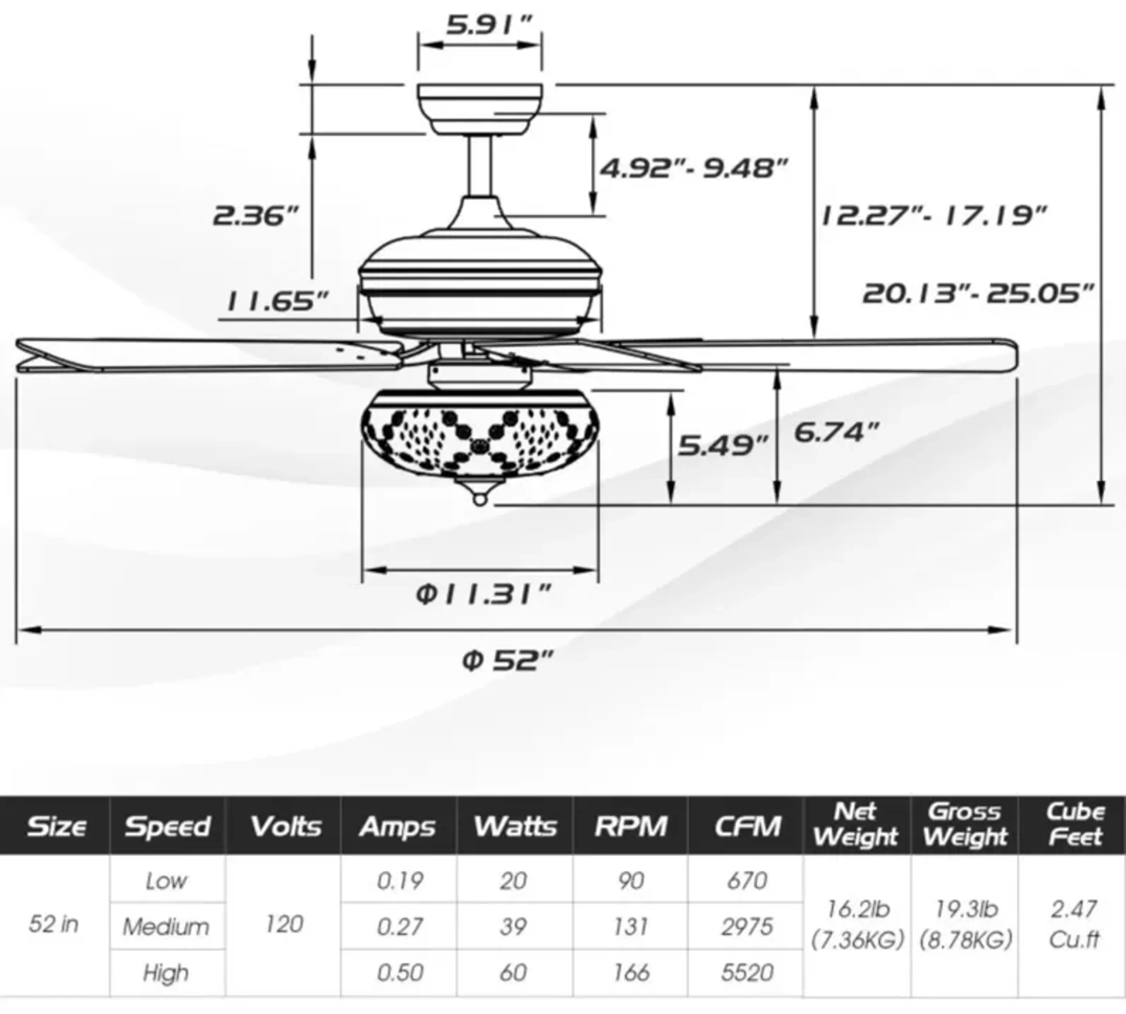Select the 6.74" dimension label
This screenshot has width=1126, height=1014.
pos(836,432)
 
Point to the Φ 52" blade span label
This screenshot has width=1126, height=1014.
pos(508,661)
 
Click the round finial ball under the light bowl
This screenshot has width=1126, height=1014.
pos(480,500)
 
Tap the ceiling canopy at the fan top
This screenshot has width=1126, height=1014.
pos(480,109)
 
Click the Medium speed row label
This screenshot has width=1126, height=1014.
pos(166,927)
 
